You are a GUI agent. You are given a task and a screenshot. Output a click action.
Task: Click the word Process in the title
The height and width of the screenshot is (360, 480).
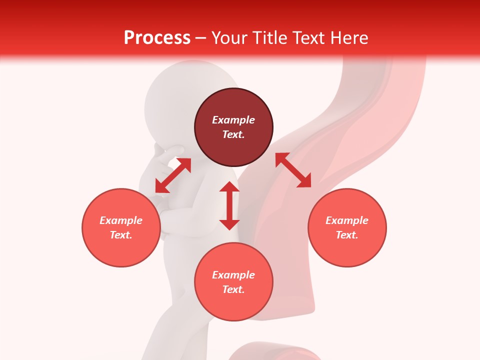[x=157, y=38]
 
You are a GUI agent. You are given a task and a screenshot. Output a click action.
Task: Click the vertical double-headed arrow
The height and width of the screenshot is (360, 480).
[x=229, y=205]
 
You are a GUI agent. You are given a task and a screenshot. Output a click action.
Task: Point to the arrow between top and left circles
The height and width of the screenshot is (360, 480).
[x=173, y=175]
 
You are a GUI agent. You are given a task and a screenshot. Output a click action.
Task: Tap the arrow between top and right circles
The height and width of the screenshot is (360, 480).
[x=293, y=170]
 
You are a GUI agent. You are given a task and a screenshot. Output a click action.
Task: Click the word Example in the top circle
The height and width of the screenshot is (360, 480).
[x=233, y=120]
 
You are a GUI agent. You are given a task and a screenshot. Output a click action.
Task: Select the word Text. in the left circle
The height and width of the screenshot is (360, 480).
[x=121, y=235]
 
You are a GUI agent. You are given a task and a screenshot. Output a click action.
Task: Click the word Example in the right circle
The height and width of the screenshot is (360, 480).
[x=347, y=220]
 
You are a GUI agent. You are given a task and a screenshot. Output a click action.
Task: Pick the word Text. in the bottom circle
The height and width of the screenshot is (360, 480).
[x=233, y=289]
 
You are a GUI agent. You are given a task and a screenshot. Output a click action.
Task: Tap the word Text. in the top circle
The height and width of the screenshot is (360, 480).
[x=233, y=134]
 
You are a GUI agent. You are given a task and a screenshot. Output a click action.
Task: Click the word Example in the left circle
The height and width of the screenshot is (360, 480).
[x=121, y=220]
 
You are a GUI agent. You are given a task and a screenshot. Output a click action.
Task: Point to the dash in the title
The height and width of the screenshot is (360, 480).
[x=201, y=38]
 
